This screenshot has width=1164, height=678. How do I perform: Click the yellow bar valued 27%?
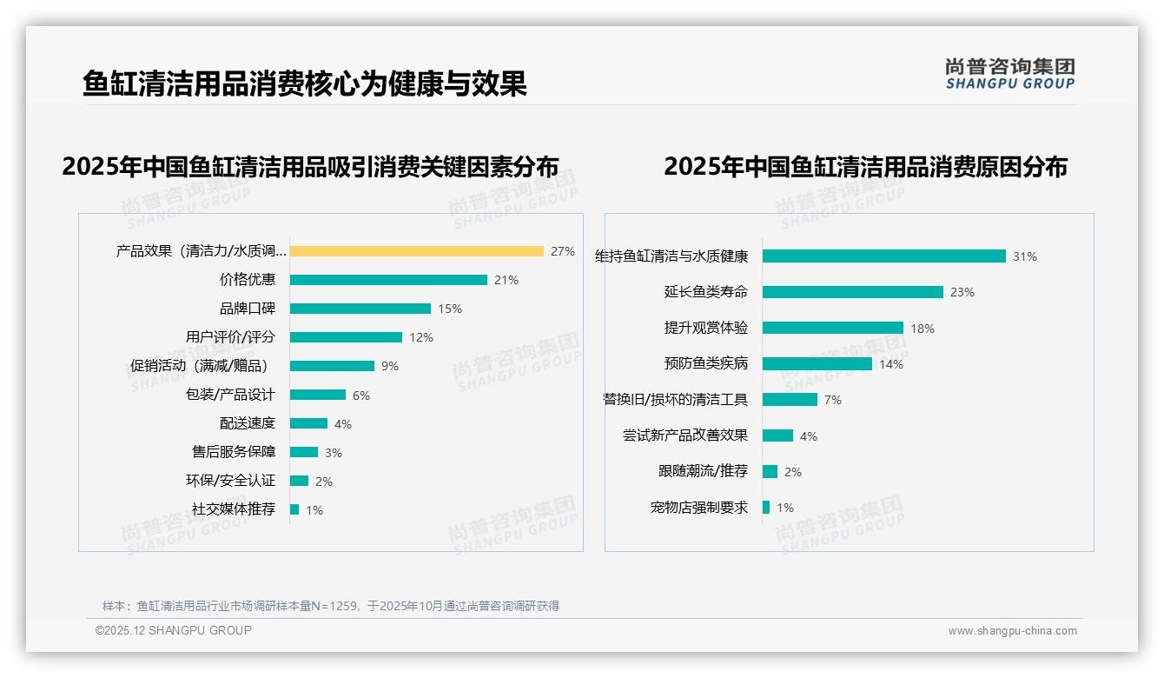pos(417,251)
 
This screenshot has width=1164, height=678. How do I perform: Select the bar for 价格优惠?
pos(388,280)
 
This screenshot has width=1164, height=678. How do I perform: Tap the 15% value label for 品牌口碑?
pos(450,309)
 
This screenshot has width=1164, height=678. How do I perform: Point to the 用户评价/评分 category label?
pos(230,337)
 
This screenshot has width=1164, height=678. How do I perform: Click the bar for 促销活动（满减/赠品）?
pos(332,366)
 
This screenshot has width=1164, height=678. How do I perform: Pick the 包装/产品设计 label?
pos(230,395)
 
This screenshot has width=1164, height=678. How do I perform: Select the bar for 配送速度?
pos(308,423)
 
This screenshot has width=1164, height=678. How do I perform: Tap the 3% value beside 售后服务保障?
pos(334,453)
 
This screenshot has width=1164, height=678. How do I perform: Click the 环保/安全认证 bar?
pos(299,481)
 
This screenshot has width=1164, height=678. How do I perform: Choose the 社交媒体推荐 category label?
pos(234,509)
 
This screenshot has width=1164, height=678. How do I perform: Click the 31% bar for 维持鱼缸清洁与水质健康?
pos(883,256)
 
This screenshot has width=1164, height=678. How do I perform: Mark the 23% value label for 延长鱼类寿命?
pos(962,293)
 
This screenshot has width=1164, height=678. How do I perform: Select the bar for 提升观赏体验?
pos(832,328)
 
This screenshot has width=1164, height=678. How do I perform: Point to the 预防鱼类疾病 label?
pos(706,363)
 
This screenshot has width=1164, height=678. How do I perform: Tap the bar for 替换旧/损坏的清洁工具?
pos(790,400)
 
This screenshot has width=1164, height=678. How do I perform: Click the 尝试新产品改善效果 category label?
pos(685,435)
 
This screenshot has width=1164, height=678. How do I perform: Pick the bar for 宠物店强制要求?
pos(766,508)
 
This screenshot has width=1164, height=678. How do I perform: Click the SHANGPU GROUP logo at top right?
pos(1010,74)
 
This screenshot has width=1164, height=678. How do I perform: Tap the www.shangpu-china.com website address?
pos(1012,631)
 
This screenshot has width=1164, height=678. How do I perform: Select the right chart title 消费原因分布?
pos(865,166)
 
